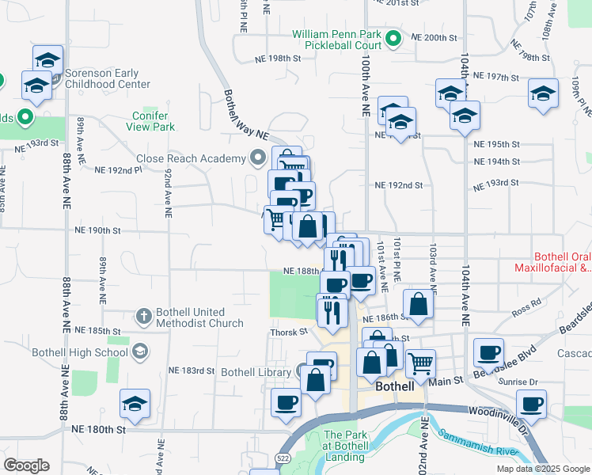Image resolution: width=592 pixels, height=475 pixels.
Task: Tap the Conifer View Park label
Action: (153, 121)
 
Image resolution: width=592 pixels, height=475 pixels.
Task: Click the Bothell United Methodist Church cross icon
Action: (143, 317)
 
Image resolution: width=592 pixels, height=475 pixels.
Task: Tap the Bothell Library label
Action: (256, 371)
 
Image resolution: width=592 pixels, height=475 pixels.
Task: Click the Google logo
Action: (26, 465)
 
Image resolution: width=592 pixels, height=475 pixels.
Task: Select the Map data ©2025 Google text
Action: (542, 469)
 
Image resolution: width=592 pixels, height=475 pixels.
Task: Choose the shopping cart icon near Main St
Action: (420, 363)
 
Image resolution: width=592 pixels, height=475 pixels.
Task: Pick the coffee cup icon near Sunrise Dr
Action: (530, 403)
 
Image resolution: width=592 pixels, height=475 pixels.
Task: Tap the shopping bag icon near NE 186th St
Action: (417, 303)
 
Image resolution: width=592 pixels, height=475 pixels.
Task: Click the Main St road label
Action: (446, 382)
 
